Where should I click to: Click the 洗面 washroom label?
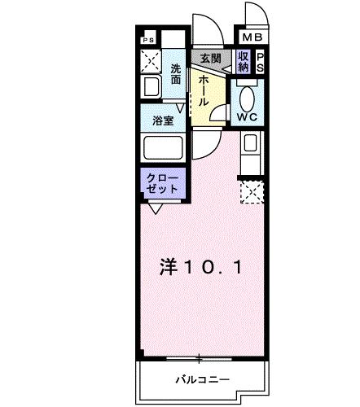tap(177, 74)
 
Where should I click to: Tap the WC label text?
tap(248, 116)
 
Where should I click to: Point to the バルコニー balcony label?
tap(202, 379)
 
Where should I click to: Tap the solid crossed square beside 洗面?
tap(150, 61)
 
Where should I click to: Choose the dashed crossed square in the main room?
tap(251, 192)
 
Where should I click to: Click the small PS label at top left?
tap(147, 39)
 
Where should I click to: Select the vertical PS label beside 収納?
tap(260, 62)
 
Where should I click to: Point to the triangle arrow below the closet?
tap(154, 208)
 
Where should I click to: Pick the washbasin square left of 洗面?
tap(151, 86)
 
